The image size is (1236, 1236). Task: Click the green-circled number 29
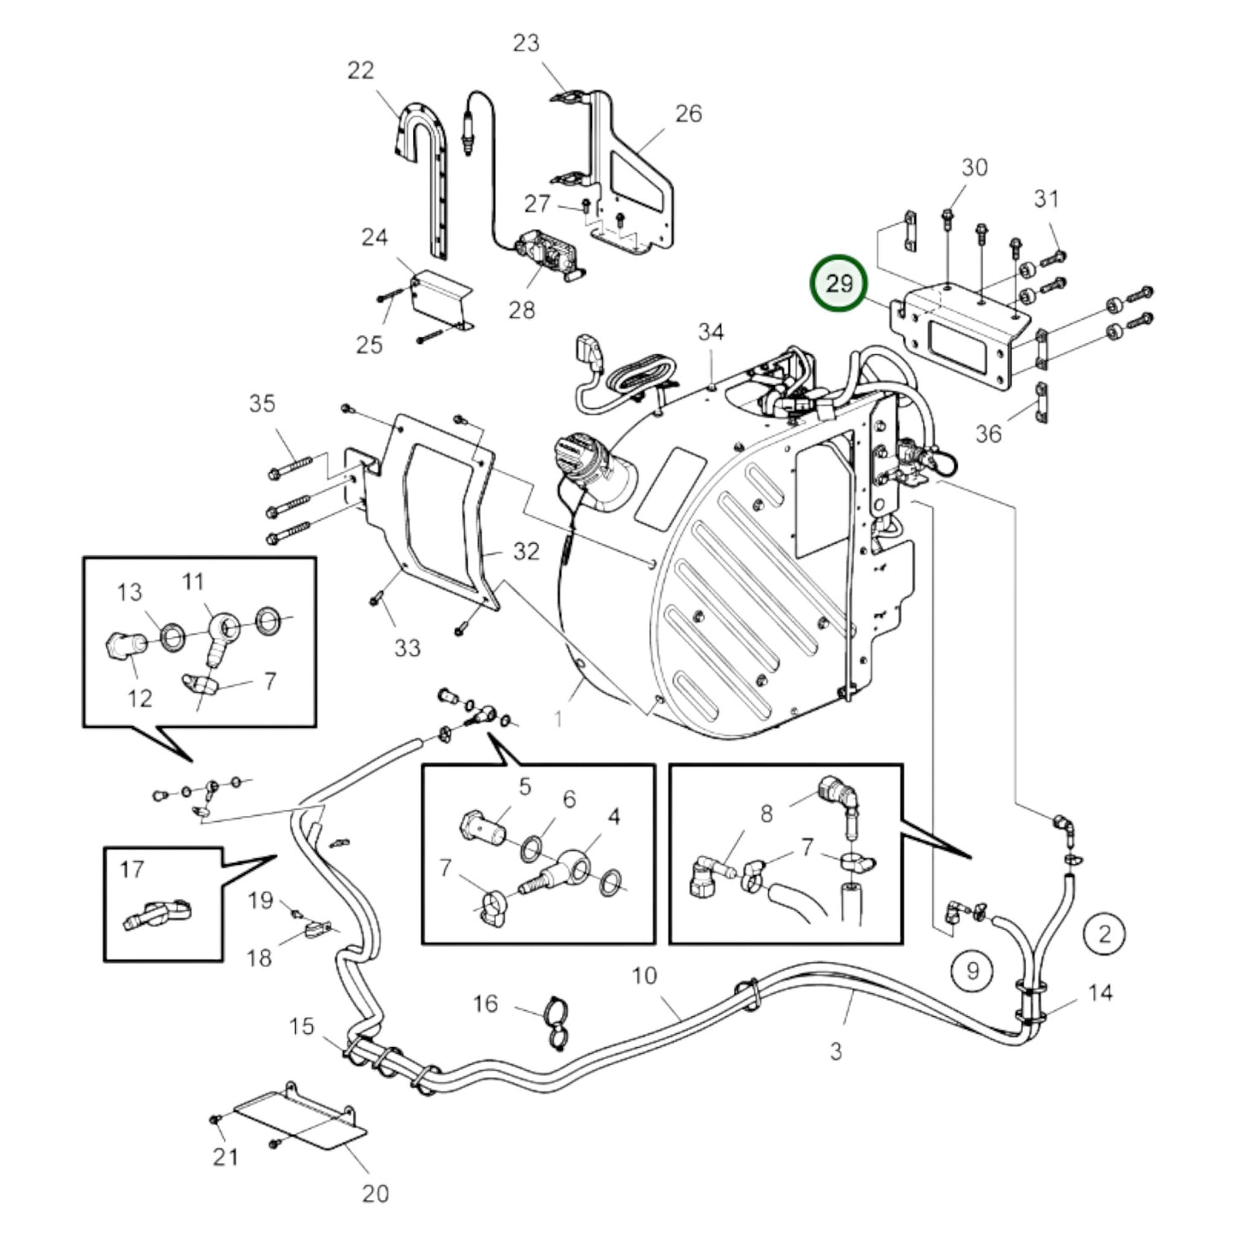(x=838, y=283)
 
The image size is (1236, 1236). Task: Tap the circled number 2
(x=1104, y=934)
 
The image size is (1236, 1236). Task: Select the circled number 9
(x=973, y=971)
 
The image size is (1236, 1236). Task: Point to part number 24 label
(x=375, y=237)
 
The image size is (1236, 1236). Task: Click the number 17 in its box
(x=132, y=870)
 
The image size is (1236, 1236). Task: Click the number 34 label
(x=711, y=332)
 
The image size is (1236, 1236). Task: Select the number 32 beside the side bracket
(x=527, y=551)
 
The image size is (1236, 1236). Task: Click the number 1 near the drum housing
(x=559, y=719)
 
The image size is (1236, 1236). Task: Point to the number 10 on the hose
(x=645, y=976)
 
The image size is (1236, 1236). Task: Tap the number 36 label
(x=989, y=435)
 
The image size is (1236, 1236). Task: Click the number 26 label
(x=689, y=114)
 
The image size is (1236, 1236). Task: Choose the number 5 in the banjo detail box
(x=525, y=786)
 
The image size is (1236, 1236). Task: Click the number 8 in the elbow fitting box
(x=766, y=814)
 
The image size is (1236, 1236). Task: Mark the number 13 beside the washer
(x=129, y=592)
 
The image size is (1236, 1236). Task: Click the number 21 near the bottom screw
(x=226, y=1156)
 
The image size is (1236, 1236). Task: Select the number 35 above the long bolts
(x=262, y=404)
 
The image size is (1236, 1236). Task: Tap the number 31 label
(x=1046, y=198)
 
